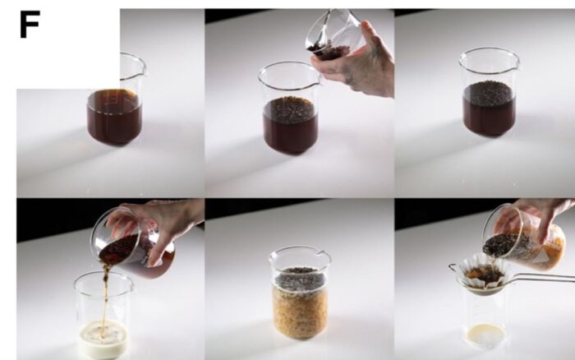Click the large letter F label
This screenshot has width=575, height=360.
[30, 25]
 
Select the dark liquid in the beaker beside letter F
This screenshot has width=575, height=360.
[114, 116]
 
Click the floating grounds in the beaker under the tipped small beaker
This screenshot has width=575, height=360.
[289, 106]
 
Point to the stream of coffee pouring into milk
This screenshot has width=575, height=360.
[105, 293]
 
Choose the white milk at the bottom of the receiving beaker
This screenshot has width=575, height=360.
[103, 339]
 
